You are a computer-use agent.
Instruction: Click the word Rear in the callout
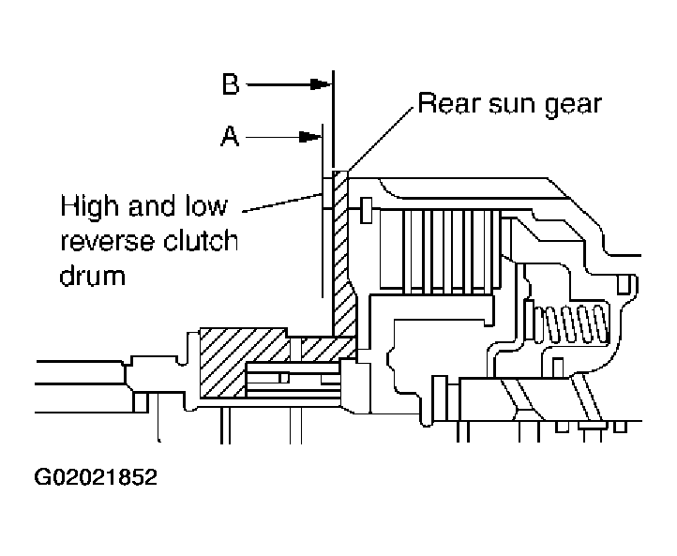tap(448, 103)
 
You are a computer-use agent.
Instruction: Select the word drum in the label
tap(92, 278)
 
